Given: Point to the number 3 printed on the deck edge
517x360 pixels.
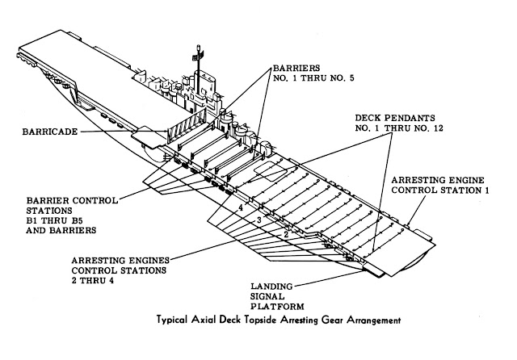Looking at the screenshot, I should coord(258,220).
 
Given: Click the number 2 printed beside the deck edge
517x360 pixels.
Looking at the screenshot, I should coord(285,235).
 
